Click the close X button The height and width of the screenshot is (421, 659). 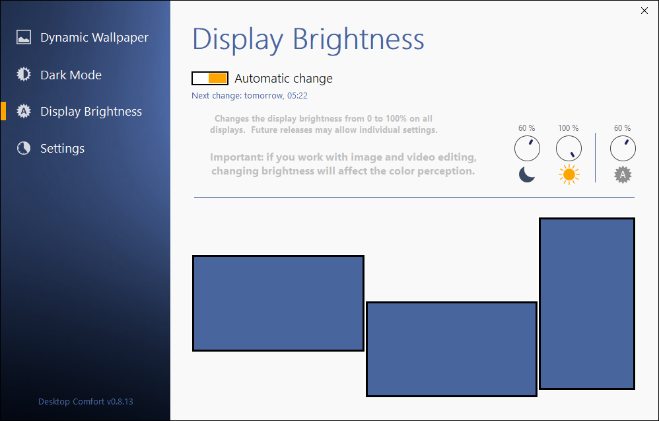pos(644,11)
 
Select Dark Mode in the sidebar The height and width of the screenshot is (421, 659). pos(71,75)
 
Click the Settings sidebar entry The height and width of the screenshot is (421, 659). pos(62,149)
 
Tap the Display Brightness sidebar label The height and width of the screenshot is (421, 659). pos(91,112)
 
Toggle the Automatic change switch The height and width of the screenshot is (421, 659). pos(210,78)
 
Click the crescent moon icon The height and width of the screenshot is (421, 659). pos(527,174)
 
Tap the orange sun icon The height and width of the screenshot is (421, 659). pos(569,174)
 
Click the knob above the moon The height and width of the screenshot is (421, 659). pos(527,148)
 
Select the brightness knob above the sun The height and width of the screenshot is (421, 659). pos(569,148)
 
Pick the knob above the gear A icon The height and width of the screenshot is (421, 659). pos(623,148)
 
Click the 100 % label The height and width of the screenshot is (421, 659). pos(569,128)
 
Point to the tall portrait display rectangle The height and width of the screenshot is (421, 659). pos(587,303)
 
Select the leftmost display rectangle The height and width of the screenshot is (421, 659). pos(278,303)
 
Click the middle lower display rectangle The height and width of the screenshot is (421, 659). pos(452,349)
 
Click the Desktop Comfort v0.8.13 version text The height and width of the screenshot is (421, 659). pos(86,402)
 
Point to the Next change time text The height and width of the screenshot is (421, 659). pos(250,95)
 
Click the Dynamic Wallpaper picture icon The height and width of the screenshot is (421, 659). pos(24,37)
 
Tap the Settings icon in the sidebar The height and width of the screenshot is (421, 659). pos(24,148)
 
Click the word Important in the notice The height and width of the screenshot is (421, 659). pos(236,157)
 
